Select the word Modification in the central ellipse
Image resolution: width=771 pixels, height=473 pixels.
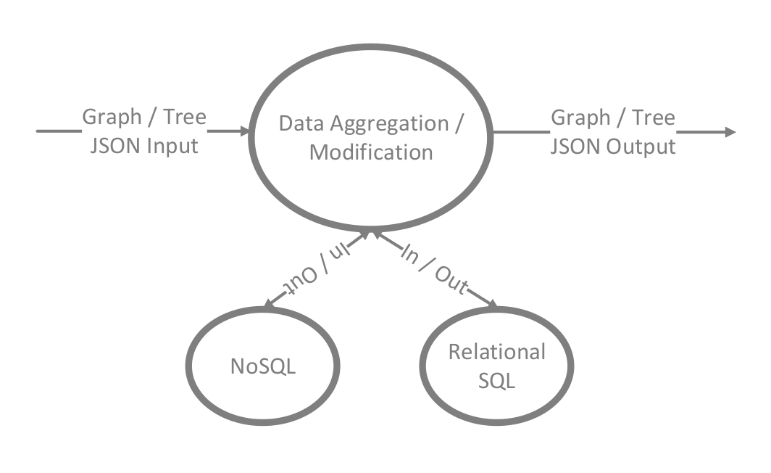pos(371,152)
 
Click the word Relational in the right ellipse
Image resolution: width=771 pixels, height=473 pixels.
pos(497,352)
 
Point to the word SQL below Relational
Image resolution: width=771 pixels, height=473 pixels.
pos(497,380)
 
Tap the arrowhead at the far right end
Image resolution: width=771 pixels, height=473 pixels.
pos(730,132)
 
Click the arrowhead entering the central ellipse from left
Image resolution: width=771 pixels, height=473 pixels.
pos(244,132)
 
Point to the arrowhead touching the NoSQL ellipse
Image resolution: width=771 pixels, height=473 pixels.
pos(269,306)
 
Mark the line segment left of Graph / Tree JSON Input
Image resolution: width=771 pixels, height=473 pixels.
pos(58,131)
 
